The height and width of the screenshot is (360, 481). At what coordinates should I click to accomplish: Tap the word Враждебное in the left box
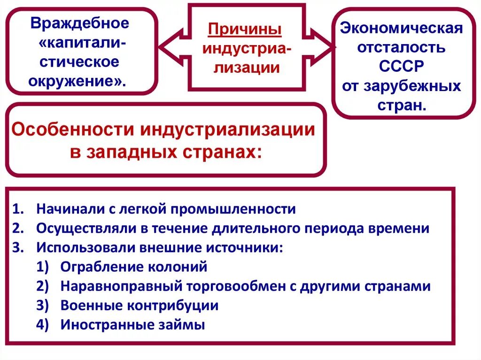pos(79,23)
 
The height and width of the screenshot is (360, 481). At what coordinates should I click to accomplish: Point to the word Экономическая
pos(401,28)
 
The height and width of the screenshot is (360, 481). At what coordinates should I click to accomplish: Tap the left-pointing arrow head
pos(167,48)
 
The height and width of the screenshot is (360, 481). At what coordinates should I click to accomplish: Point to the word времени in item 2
pos(402,228)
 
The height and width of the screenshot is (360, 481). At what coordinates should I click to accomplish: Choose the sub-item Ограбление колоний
pos(133,267)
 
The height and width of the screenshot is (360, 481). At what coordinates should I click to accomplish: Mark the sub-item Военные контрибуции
pos(139,306)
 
